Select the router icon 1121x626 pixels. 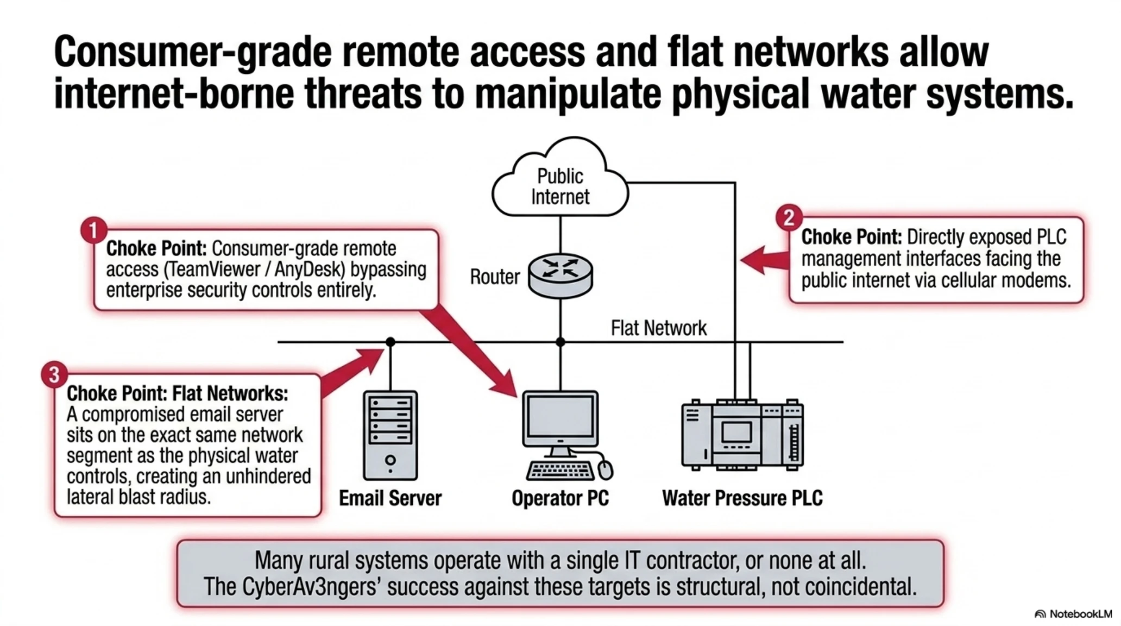point(560,276)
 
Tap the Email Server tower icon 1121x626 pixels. point(390,435)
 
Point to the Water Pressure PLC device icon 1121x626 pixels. point(742,434)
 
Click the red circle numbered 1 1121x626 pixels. point(93,230)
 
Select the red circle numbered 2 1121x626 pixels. point(789,218)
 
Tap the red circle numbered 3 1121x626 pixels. point(54,375)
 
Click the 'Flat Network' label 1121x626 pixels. point(659,328)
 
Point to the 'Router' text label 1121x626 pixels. point(494,277)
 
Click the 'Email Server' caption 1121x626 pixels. point(390,498)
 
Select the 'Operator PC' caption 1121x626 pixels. point(560,498)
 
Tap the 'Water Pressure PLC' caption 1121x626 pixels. point(742,498)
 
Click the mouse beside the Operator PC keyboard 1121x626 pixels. point(605,468)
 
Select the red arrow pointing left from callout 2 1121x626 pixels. point(765,260)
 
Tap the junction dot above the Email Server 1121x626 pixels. point(391,342)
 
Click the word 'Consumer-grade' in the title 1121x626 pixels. point(192,53)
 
